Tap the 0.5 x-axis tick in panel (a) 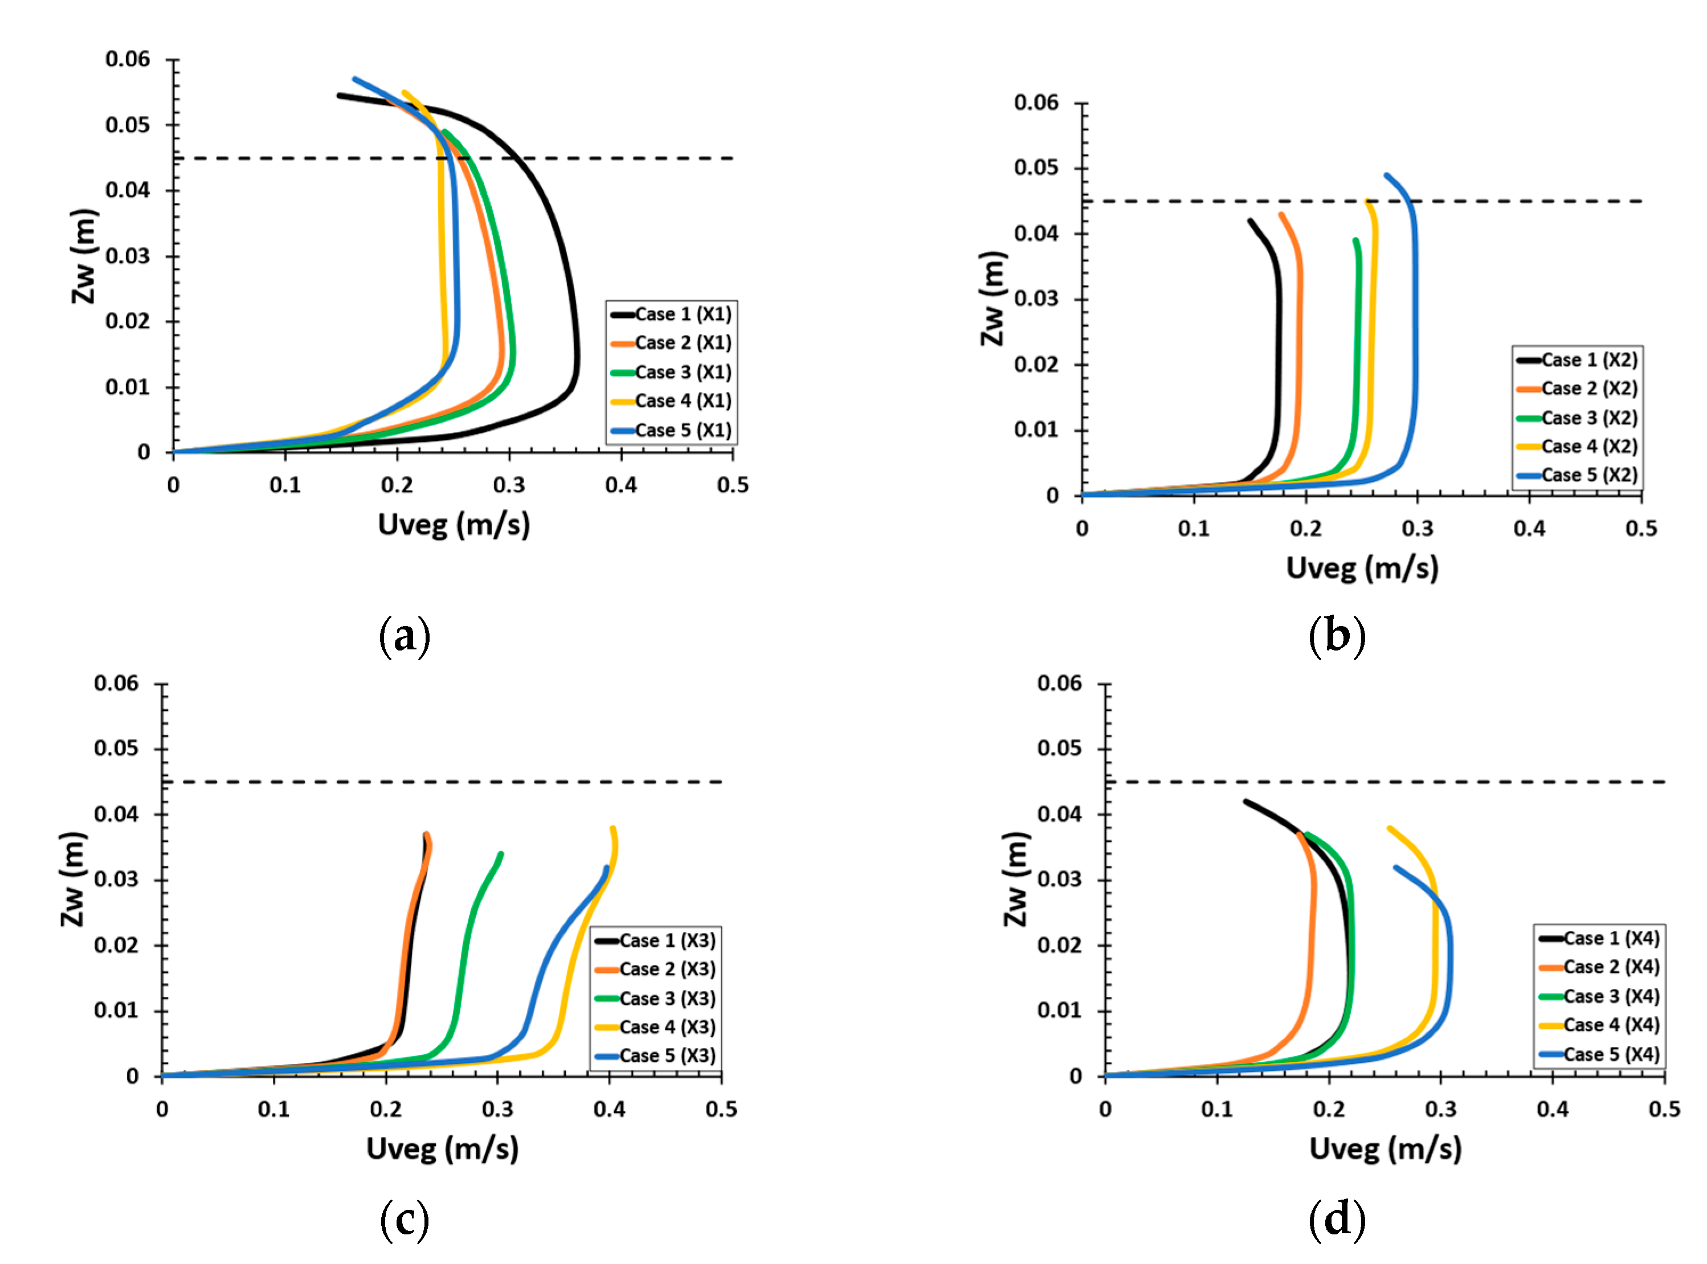click(732, 485)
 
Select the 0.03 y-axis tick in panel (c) click(116, 879)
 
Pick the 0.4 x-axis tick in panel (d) click(1553, 1108)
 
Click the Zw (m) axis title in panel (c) click(73, 879)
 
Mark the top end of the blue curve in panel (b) click(1386, 175)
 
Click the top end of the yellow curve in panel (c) click(613, 828)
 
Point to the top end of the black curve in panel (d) click(1245, 802)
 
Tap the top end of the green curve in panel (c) click(501, 854)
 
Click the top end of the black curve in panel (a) click(339, 96)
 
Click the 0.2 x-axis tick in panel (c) click(386, 1108)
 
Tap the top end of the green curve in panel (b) click(1356, 240)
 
